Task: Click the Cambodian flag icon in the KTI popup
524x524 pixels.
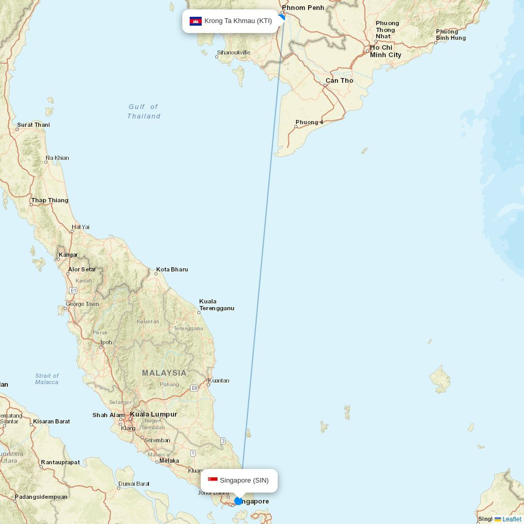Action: (195, 21)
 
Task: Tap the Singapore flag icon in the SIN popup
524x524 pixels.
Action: (213, 480)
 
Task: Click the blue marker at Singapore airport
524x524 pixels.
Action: (238, 501)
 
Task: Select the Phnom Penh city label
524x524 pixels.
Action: (303, 8)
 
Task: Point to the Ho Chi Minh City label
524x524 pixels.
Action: (385, 51)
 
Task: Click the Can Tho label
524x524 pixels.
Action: (339, 81)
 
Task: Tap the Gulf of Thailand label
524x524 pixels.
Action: (144, 112)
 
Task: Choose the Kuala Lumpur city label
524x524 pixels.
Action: (154, 414)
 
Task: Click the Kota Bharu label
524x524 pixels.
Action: (172, 269)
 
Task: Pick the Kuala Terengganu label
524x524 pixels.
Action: (216, 305)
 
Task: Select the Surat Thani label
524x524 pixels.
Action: (34, 125)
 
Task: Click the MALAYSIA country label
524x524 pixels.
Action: (164, 373)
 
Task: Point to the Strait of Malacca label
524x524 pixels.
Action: (47, 379)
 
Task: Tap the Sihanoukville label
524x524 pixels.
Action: (234, 52)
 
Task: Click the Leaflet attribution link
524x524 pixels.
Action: (511, 519)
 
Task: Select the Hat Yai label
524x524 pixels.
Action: (81, 227)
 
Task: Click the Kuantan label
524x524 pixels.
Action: (219, 380)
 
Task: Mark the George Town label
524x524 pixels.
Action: (82, 304)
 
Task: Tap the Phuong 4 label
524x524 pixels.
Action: (309, 123)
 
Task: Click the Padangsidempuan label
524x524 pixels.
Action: (41, 497)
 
